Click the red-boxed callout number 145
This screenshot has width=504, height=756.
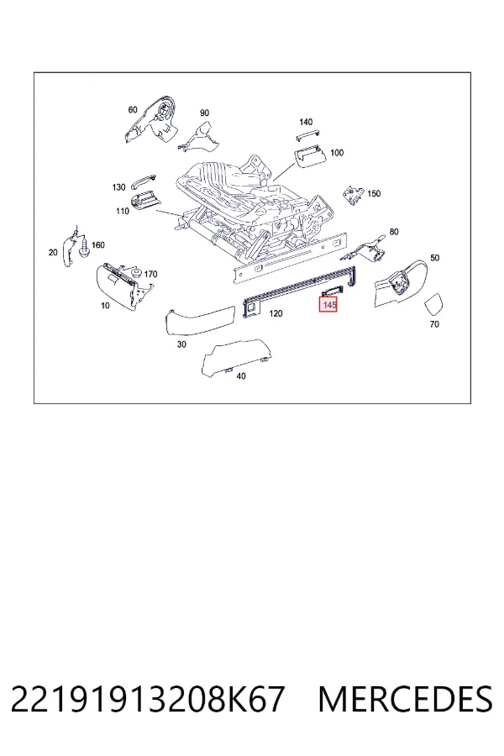328,305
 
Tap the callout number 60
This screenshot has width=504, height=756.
133,110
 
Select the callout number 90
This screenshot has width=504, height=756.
204,113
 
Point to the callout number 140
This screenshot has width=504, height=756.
306,122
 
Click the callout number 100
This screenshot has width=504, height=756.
337,153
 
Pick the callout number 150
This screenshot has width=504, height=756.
374,194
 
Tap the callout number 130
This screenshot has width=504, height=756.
118,187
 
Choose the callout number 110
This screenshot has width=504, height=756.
123,211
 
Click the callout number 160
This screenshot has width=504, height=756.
98,245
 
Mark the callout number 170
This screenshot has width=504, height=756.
150,275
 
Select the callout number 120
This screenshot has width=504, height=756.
276,314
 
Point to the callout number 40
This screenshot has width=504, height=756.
241,376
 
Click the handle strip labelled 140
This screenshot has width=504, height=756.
308,135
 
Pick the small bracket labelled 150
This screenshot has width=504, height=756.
353,195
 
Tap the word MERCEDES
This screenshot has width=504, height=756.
405,700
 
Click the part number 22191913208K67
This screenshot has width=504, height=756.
147,700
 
